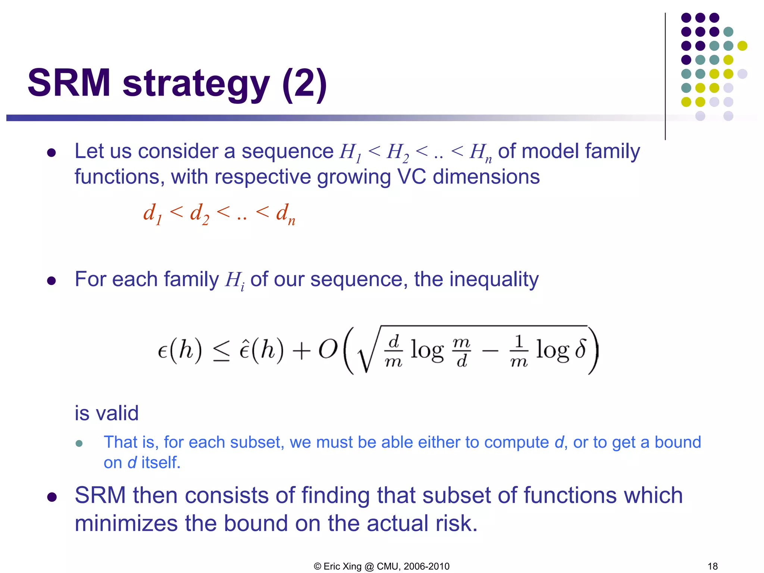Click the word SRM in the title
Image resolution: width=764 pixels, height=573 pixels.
(69, 83)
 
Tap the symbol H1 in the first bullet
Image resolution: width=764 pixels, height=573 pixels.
(350, 153)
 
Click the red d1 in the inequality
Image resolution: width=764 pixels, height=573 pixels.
(152, 214)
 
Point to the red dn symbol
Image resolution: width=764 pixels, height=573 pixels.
(285, 214)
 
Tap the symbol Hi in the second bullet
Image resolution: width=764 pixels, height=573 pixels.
(234, 280)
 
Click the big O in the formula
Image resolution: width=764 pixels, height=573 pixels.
(328, 350)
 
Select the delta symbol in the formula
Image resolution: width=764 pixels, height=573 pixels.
(580, 350)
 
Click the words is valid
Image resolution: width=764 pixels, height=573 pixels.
(107, 413)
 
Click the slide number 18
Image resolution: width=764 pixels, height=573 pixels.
(712, 566)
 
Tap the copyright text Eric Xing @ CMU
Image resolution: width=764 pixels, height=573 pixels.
(381, 566)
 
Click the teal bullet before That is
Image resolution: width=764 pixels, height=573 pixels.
(79, 443)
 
